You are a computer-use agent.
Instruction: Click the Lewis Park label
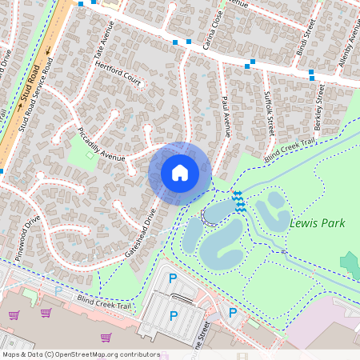318,223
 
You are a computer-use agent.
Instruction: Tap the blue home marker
180,173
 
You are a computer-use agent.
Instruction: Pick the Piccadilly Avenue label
102,144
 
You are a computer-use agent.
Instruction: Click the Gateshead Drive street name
138,233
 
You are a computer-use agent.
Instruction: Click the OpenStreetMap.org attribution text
80,354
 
